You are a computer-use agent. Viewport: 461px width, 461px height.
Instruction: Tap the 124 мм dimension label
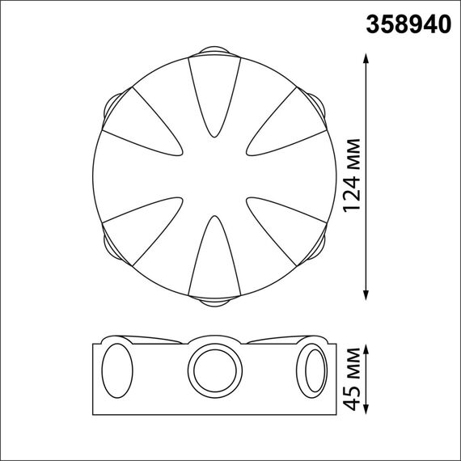pyautogui.click(x=353, y=179)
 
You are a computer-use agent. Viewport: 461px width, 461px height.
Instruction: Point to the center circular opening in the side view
pyautogui.click(x=215, y=370)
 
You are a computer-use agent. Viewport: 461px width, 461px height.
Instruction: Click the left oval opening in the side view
pyautogui.click(x=117, y=370)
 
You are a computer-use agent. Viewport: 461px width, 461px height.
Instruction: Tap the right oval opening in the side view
pyautogui.click(x=312, y=370)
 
